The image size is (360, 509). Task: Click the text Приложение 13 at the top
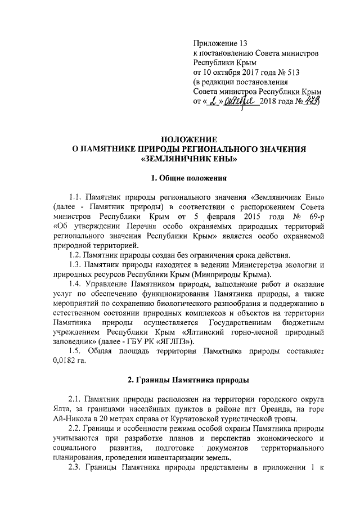click(x=220, y=43)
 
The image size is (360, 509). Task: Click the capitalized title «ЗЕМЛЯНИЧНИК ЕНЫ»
click(x=188, y=159)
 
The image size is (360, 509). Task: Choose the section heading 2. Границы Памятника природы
click(x=188, y=381)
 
